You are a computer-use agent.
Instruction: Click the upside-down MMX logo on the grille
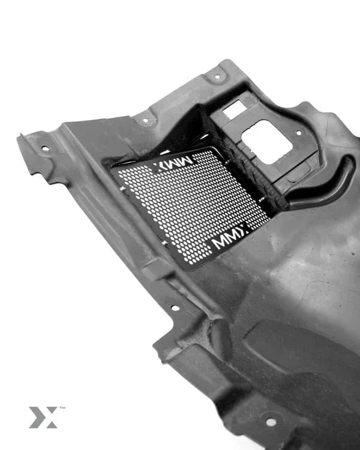click(x=173, y=163)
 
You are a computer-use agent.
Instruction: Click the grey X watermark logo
click(x=43, y=417)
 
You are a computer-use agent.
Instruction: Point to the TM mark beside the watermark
click(x=62, y=408)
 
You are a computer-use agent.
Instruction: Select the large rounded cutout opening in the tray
click(x=266, y=142)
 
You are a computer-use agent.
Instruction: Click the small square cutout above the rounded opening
click(x=235, y=109)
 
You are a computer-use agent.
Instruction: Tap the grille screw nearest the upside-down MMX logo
click(x=227, y=163)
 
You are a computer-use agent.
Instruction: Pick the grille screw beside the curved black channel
click(x=262, y=200)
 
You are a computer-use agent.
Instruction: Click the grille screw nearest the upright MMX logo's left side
click(x=165, y=243)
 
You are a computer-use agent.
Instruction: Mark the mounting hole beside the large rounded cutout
click(x=299, y=133)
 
